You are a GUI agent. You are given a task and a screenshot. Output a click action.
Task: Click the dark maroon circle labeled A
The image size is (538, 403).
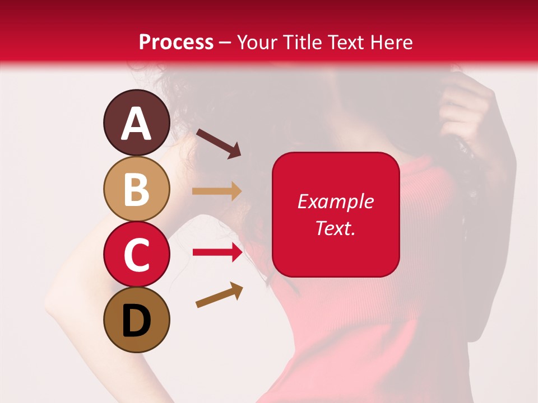[x=137, y=123]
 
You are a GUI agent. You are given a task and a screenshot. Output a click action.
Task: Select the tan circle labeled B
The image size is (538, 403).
[x=137, y=189]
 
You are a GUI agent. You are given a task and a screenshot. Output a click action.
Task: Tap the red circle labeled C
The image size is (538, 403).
[x=137, y=254]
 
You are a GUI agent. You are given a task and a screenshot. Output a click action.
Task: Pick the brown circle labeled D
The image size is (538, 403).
[x=137, y=320]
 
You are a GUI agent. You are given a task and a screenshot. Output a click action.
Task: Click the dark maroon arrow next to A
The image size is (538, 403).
[x=218, y=143]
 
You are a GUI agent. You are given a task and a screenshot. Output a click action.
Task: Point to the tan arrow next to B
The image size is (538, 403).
[x=217, y=191]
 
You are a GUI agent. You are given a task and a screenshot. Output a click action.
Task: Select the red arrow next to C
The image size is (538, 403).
[x=217, y=252]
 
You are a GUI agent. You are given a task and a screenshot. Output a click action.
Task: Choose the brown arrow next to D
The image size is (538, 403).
[x=219, y=295]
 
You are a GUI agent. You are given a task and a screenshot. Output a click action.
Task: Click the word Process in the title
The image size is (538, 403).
[x=176, y=42]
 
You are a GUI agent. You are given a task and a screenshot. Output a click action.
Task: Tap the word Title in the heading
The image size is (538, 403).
[x=299, y=42]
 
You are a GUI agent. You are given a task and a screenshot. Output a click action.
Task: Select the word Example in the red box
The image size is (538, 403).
[x=336, y=201]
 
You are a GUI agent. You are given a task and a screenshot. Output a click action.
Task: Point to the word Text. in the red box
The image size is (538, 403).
[x=336, y=228]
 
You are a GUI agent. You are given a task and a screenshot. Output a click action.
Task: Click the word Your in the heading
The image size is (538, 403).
[x=256, y=42]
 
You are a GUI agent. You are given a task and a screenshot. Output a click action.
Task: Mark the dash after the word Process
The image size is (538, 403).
[x=225, y=43]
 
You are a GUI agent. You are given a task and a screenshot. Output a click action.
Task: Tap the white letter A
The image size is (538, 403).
[x=137, y=124]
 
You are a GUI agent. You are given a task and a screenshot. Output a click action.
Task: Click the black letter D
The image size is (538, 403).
[x=137, y=321]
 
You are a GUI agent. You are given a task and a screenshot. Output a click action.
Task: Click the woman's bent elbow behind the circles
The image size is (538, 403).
[x=56, y=302]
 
